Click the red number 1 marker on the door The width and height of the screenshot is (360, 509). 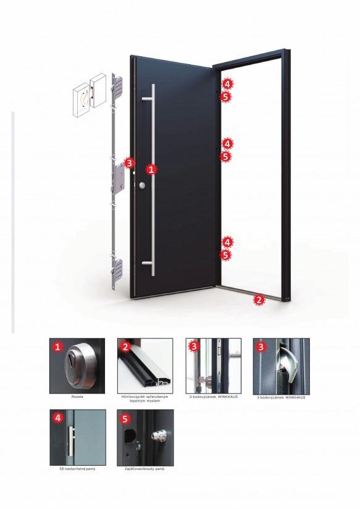[152, 169]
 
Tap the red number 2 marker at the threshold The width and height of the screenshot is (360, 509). [259, 300]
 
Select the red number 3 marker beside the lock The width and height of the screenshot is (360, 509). [129, 163]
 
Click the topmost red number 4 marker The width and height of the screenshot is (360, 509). [227, 84]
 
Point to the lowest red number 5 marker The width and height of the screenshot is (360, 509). [225, 255]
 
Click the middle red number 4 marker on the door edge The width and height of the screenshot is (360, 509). [227, 143]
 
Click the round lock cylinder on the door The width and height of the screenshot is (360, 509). [142, 185]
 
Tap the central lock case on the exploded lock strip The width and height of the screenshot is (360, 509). [118, 177]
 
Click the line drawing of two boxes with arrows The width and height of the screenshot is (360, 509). [90, 95]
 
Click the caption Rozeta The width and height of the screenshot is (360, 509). [77, 397]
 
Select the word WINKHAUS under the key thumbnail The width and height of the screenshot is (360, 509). [228, 397]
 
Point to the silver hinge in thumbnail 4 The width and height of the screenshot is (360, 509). [72, 441]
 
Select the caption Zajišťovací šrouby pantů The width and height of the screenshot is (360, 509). [144, 469]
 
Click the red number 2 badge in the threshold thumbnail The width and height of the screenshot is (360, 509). [125, 347]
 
